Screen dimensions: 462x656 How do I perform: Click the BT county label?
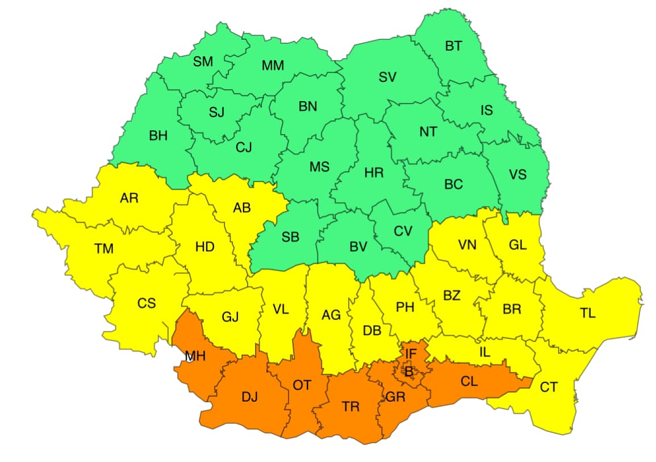[x=453, y=47]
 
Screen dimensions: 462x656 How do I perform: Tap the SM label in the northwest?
[x=203, y=61]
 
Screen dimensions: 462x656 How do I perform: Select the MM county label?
[x=273, y=66]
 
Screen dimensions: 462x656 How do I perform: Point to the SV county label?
[x=387, y=77]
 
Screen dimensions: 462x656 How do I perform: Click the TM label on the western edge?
[x=104, y=248]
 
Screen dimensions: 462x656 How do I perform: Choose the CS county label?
[x=147, y=303]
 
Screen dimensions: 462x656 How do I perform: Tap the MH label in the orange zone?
[x=195, y=356]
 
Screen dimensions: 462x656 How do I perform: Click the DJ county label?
[x=249, y=397]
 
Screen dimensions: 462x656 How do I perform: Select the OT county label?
[x=302, y=385]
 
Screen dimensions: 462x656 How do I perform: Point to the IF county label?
[x=411, y=357]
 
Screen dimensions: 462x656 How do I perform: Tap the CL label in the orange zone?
[x=469, y=381]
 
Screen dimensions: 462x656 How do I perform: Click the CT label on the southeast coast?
[x=549, y=388]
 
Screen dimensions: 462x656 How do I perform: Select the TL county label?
[x=588, y=313]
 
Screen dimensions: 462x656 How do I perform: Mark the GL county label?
[x=517, y=245]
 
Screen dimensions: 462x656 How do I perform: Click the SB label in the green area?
[x=290, y=238]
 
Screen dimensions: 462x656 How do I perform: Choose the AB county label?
[x=242, y=208]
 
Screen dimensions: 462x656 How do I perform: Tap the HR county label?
[x=374, y=173]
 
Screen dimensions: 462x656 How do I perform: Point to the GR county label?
[x=395, y=397]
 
